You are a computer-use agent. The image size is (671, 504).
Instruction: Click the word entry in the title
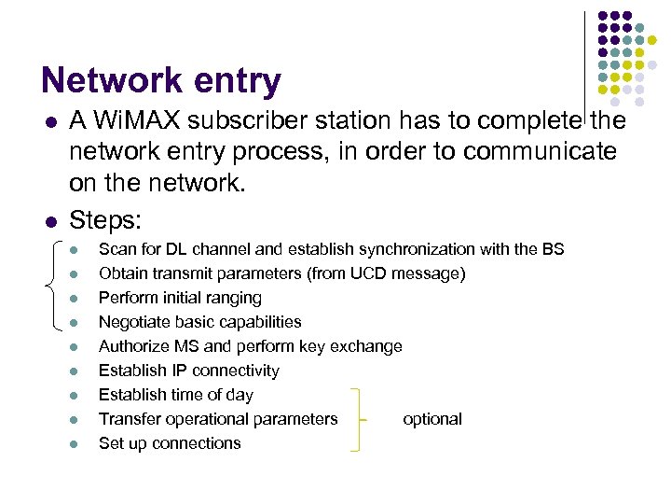(x=239, y=83)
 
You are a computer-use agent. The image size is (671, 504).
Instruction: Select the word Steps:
(x=105, y=220)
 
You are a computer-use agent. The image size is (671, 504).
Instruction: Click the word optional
(x=432, y=419)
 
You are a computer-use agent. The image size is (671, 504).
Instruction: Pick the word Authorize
(x=133, y=346)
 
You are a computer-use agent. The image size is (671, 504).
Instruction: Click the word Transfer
(x=129, y=419)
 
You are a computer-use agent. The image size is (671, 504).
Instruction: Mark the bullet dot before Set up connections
(x=75, y=443)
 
